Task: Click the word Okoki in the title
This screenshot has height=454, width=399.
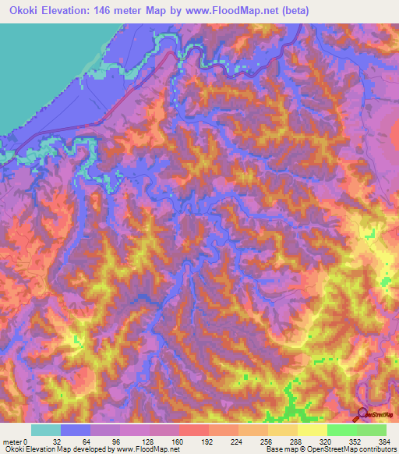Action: [x=23, y=11]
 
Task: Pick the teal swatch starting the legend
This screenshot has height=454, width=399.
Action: [x=46, y=430]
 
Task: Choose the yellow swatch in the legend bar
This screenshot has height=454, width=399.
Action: [x=312, y=430]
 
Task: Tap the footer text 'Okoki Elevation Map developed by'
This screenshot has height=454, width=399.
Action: [x=58, y=449]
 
